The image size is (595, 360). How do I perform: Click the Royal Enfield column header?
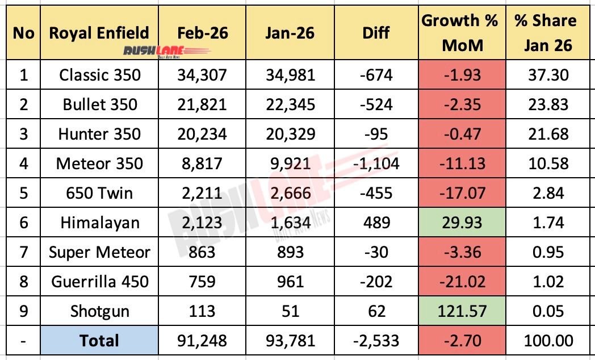tap(99, 32)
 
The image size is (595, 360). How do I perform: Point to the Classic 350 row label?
tap(99, 74)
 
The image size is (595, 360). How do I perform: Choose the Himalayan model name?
tap(99, 223)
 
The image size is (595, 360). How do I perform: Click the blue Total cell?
tap(99, 341)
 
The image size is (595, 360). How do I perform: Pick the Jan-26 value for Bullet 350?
tap(290, 104)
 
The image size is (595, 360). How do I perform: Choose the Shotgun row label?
tap(99, 311)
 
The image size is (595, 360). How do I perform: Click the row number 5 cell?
tap(23, 193)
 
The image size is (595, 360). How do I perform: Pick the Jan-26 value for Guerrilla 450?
tap(290, 282)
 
